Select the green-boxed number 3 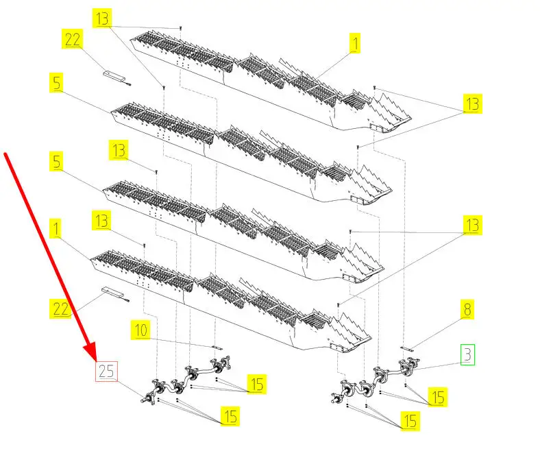[467, 355]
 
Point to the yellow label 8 [467, 310]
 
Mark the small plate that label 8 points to [407, 348]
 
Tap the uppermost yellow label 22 [73, 40]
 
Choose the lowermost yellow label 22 [61, 309]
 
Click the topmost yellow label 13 [103, 19]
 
